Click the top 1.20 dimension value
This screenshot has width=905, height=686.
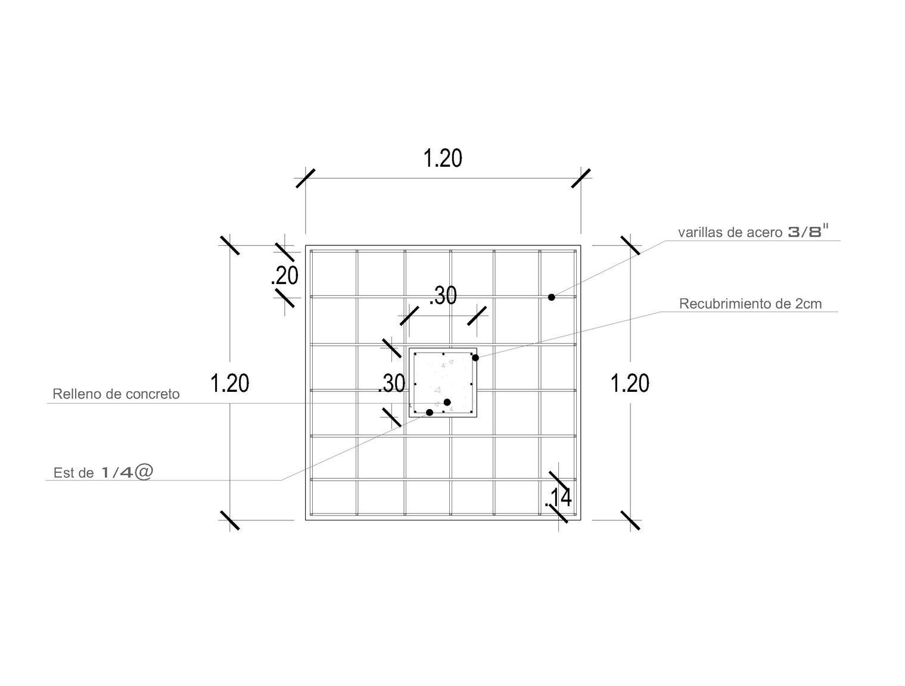point(443,158)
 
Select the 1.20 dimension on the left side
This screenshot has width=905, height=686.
point(230,383)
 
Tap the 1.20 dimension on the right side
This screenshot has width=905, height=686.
point(630,383)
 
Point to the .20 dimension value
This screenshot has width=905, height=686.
point(284,276)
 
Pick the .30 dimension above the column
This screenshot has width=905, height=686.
point(443,295)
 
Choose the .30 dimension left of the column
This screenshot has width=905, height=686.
point(391,383)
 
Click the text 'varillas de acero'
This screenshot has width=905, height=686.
point(729,232)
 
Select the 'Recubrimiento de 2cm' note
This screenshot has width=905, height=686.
point(750,304)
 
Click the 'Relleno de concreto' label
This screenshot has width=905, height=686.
point(116,394)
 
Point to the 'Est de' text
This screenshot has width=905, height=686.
point(74,473)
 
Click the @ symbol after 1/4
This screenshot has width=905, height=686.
point(144,472)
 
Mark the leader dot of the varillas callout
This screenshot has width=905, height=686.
point(552,297)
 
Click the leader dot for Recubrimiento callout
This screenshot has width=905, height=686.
point(475,357)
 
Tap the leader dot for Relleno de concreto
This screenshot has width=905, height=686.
point(447,402)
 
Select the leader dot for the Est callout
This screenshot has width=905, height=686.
point(430,412)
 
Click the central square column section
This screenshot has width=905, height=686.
point(443,382)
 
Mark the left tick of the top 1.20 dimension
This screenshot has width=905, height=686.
point(306,178)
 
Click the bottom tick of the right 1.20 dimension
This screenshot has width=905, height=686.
point(631,520)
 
